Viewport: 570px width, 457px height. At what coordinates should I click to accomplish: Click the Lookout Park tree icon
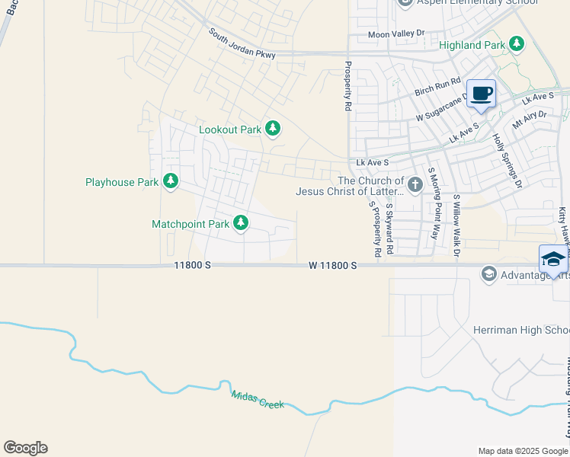[272, 129]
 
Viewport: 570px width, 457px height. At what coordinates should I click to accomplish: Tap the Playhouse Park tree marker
[171, 181]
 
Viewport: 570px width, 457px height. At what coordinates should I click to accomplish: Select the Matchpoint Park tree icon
[241, 223]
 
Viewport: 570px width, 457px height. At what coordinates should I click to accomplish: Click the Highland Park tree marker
[517, 44]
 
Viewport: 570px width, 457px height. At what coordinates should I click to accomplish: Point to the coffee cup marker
[481, 94]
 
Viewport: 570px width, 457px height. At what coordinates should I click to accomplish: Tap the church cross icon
[415, 185]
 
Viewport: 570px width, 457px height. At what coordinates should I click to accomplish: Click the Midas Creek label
[258, 398]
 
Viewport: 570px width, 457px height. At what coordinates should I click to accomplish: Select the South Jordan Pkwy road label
[242, 44]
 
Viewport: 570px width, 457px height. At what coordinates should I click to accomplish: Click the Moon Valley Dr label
[395, 34]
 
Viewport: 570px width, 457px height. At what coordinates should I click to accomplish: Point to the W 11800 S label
[333, 265]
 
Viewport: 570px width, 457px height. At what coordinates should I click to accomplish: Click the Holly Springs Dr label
[508, 161]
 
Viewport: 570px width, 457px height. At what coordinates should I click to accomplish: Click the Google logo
[25, 448]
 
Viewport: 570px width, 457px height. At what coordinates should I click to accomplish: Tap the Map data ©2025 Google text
[522, 451]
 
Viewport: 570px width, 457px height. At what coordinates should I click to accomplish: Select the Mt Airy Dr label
[530, 120]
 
